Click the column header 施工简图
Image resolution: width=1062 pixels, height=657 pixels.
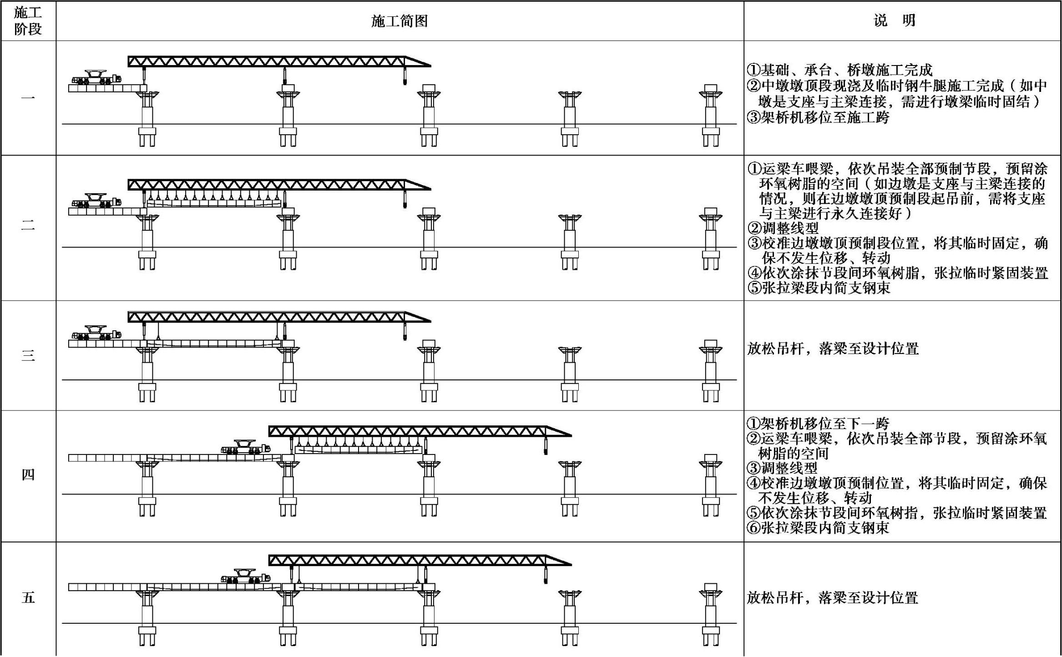coord(399,21)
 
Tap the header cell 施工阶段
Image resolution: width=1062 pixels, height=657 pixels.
coord(28,21)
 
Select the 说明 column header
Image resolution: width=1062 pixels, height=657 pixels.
coord(894,21)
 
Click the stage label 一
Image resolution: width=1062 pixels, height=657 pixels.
coord(28,98)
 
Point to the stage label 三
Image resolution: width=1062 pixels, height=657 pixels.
coord(28,355)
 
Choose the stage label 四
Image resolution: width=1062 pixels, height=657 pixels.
coord(28,475)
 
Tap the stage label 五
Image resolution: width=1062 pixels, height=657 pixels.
coord(28,598)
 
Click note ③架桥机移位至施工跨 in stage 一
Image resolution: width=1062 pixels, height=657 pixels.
coord(818,118)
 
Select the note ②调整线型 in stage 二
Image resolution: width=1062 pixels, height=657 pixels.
coord(783,228)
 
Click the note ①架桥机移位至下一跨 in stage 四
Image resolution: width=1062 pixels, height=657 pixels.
coord(818,424)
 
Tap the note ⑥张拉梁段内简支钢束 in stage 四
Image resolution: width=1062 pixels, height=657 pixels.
coord(818,528)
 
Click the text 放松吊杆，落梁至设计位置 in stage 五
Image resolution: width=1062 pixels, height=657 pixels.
coord(833,598)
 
